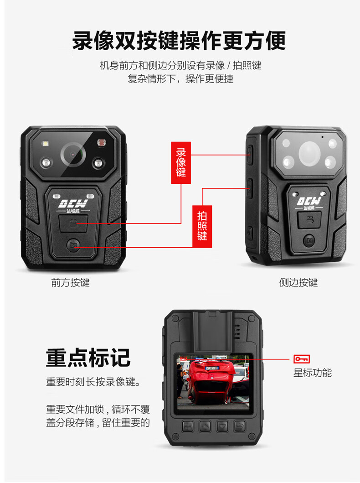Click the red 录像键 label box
coord(181,162)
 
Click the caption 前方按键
coord(70,283)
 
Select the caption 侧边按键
coord(298,283)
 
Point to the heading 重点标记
coord(88,358)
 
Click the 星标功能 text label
coord(312,373)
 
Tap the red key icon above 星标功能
coord(302,359)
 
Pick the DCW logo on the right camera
coord(310,201)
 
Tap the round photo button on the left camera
coord(74,245)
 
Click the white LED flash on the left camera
coord(46,145)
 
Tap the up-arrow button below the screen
coord(205,426)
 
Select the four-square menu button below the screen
coord(187,426)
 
